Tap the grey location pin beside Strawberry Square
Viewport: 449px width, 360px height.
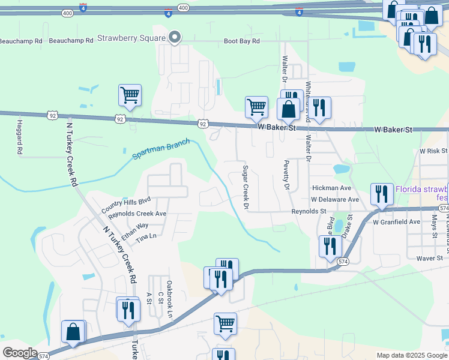click(175, 38)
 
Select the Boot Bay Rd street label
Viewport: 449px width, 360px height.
click(242, 41)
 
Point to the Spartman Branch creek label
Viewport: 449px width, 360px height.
click(161, 149)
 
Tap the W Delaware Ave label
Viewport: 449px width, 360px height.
click(335, 199)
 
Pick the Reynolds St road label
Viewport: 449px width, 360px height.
click(309, 211)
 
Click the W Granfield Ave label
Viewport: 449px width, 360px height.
click(396, 222)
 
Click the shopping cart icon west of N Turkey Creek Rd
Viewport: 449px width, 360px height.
click(130, 95)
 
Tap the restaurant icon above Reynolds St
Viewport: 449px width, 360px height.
click(382, 194)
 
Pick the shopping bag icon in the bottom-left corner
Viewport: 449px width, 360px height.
click(73, 332)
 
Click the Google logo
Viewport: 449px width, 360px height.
click(20, 353)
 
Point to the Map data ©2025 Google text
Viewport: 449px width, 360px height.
click(411, 355)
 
